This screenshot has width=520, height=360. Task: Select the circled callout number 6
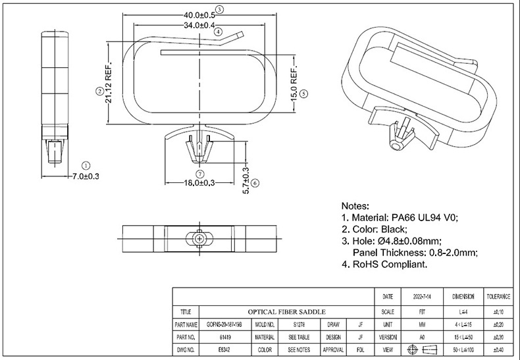click(x=255, y=183)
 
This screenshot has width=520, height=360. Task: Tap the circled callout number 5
click(x=303, y=94)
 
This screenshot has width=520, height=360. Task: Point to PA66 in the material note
click(x=404, y=218)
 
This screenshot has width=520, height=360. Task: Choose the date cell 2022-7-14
click(x=421, y=297)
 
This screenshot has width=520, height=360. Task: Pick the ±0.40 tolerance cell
click(x=498, y=350)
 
